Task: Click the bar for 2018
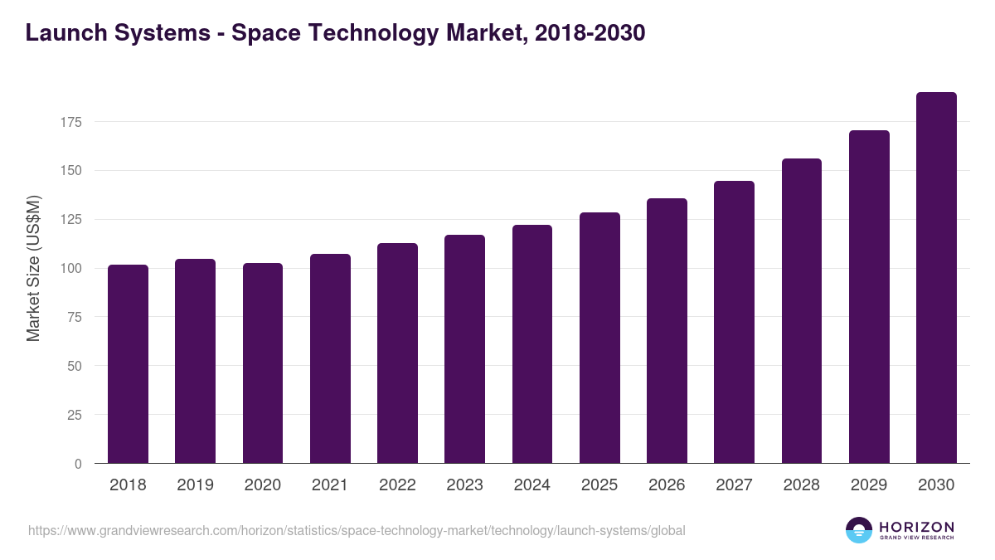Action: (128, 364)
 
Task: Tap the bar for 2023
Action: (464, 349)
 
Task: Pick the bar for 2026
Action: (667, 331)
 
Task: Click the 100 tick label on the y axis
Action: (71, 269)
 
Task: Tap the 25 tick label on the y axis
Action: (75, 415)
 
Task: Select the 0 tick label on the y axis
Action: (78, 464)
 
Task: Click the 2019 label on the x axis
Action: (195, 485)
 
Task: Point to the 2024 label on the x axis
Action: (531, 485)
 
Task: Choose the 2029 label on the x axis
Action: (869, 485)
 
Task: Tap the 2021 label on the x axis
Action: (330, 485)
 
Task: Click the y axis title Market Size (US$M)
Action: (33, 268)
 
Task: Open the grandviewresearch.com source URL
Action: (357, 530)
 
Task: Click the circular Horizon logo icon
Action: (859, 530)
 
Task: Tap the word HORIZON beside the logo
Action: (916, 526)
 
